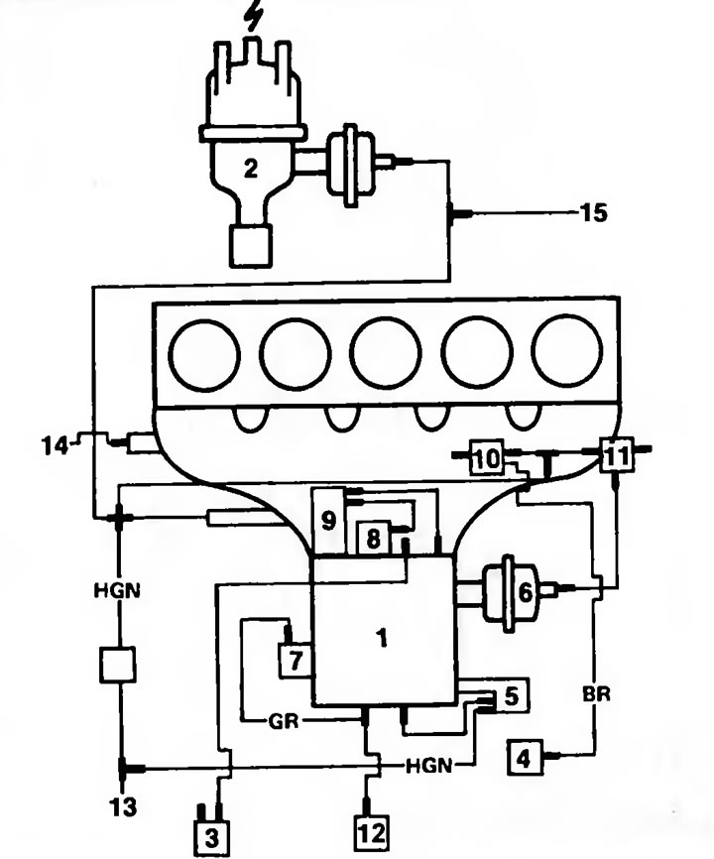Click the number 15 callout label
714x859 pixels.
click(x=594, y=212)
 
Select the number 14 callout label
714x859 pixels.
click(x=55, y=445)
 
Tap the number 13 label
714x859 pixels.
click(x=122, y=806)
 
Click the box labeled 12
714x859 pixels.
click(x=371, y=832)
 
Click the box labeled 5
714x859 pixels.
click(x=511, y=695)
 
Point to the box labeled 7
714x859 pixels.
click(x=296, y=661)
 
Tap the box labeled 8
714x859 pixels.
click(x=374, y=539)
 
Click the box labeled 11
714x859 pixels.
click(x=617, y=454)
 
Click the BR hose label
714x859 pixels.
click(x=596, y=694)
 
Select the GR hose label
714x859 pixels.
click(x=284, y=721)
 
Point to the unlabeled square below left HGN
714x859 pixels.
click(x=118, y=665)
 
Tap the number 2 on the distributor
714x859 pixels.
click(x=250, y=169)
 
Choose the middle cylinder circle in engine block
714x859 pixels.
click(x=386, y=353)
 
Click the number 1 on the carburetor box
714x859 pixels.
click(x=382, y=638)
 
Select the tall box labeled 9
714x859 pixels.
click(x=328, y=521)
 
